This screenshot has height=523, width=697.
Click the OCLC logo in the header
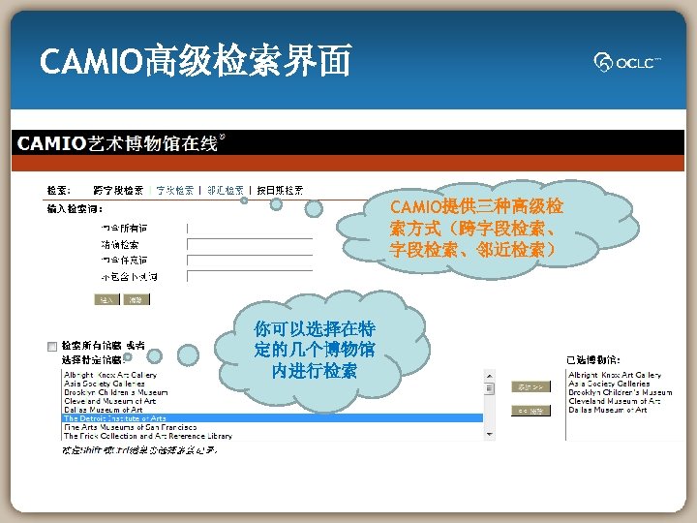point(628,62)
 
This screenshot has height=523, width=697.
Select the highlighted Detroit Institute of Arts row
point(115,418)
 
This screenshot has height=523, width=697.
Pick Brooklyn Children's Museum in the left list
point(116,392)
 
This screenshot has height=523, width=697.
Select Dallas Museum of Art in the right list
point(608,410)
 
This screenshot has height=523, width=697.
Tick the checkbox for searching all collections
point(51,346)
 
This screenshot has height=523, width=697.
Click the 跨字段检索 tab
point(118,190)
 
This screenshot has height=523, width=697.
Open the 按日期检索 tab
point(279,190)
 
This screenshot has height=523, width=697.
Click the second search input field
point(250,244)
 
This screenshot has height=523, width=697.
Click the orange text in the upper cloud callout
point(475,229)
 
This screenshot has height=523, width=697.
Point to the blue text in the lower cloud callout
point(315,349)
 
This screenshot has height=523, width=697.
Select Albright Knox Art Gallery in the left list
point(110,375)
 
